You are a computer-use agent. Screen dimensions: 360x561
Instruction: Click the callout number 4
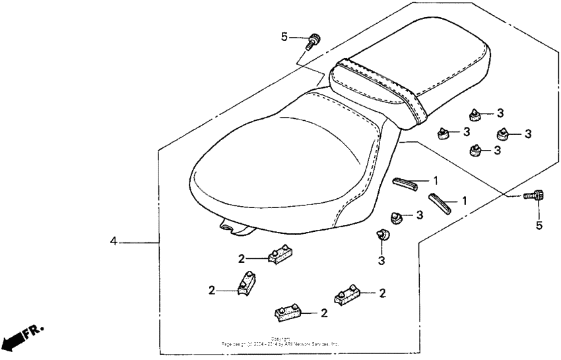point(114,242)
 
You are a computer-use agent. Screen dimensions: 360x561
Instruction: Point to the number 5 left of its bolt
point(284,36)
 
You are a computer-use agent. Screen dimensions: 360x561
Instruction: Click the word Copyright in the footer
point(281,339)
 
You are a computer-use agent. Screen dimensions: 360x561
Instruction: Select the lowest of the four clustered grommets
point(474,151)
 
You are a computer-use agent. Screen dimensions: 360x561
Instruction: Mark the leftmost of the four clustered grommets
point(443,134)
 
